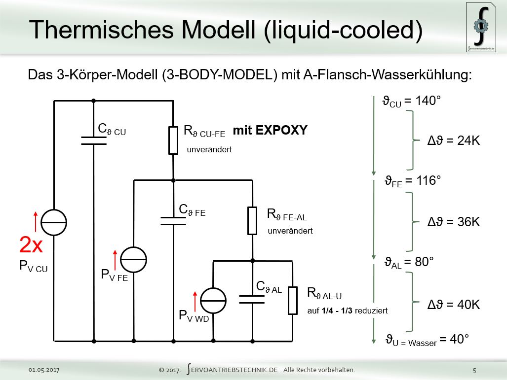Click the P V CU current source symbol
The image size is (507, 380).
pos(53,222)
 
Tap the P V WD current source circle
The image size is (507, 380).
pos(213,301)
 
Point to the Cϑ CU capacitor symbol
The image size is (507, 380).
pos(93,141)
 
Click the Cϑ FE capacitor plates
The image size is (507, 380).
pos(173,220)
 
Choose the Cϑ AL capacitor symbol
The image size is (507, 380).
pos(252,299)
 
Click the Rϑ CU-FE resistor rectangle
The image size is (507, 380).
pos(173,140)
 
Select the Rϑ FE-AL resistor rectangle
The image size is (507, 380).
pos(252,220)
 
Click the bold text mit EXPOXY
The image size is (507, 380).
pos(270,131)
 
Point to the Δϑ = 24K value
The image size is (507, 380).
pos(453,140)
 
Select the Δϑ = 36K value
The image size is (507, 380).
pos(453,221)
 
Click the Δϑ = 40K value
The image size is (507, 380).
pos(453,305)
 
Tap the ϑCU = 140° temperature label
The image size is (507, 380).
pos(411,102)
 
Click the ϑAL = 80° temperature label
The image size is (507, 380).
pos(409,262)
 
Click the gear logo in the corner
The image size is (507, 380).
pos(481,26)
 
